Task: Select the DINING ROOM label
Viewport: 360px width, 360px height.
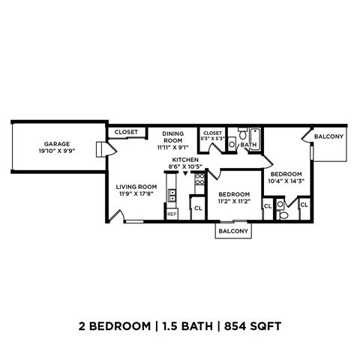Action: click(x=173, y=137)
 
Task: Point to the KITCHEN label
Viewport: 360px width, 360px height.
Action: click(x=184, y=160)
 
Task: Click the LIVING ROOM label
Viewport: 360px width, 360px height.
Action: click(x=136, y=187)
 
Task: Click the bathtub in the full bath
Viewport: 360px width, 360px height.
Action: click(x=250, y=133)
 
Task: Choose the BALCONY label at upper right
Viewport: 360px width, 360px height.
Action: click(x=328, y=136)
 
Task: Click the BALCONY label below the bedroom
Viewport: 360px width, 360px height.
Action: click(x=232, y=232)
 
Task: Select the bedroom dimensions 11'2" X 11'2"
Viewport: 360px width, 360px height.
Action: click(x=233, y=201)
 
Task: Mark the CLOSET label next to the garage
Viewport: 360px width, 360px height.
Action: click(x=126, y=132)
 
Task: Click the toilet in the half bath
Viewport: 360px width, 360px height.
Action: click(x=283, y=214)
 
